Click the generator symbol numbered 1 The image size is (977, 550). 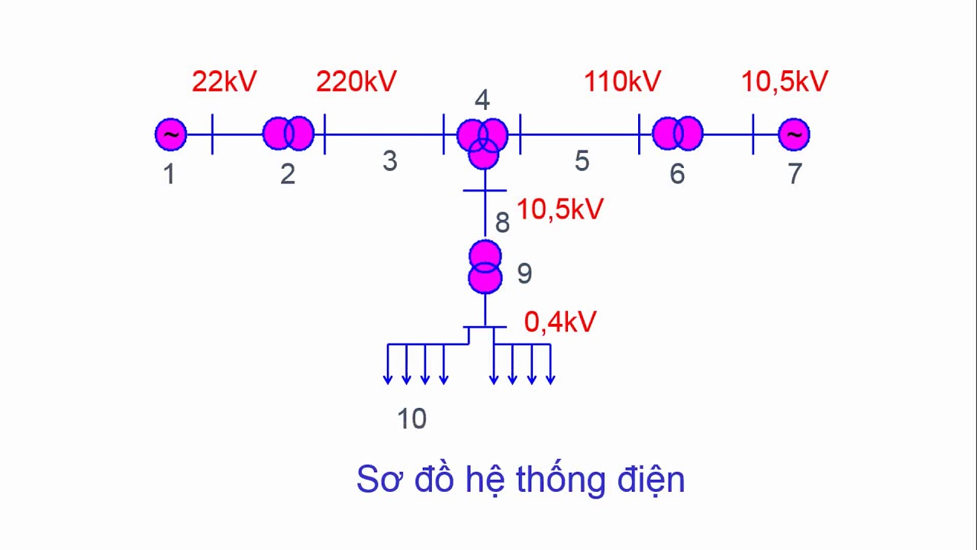pyautogui.click(x=171, y=134)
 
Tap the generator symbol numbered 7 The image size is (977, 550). pyautogui.click(x=794, y=134)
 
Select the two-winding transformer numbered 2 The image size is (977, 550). pyautogui.click(x=289, y=134)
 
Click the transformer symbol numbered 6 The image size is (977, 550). pyautogui.click(x=677, y=134)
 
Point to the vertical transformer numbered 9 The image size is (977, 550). pyautogui.click(x=485, y=267)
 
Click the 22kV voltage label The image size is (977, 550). pyautogui.click(x=224, y=81)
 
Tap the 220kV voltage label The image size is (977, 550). pyautogui.click(x=356, y=81)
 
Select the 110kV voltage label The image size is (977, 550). pyautogui.click(x=622, y=81)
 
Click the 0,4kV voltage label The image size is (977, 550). pyautogui.click(x=560, y=322)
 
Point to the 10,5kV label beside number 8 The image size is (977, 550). pyautogui.click(x=560, y=209)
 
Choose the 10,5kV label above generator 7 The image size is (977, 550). pyautogui.click(x=785, y=81)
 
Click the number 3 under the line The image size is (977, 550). pyautogui.click(x=390, y=160)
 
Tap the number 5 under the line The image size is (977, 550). pyautogui.click(x=582, y=160)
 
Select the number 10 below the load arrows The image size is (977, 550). pyautogui.click(x=411, y=419)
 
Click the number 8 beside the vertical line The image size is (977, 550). pyautogui.click(x=502, y=222)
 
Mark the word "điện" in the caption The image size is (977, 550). pyautogui.click(x=651, y=480)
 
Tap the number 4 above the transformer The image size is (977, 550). pyautogui.click(x=482, y=100)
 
